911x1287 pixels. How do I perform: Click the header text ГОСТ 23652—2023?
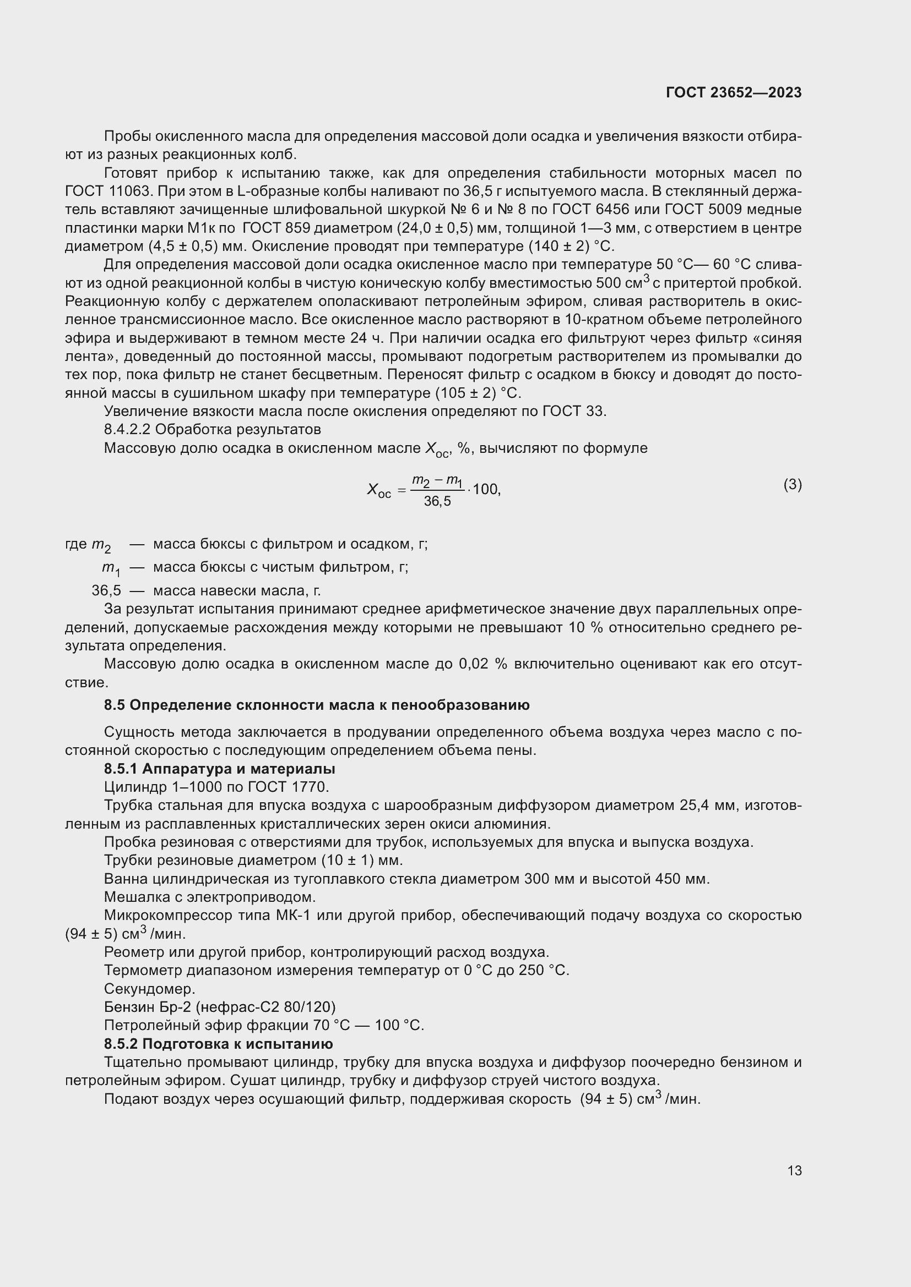click(x=733, y=92)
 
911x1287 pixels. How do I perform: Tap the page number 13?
click(x=794, y=1170)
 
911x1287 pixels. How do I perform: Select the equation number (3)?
click(x=792, y=485)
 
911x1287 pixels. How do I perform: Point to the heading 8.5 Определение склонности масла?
click(x=316, y=705)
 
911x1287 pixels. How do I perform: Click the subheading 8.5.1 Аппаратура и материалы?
click(x=219, y=769)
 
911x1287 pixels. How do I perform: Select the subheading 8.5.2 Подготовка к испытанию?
click(x=218, y=1044)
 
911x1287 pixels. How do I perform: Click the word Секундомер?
click(x=149, y=988)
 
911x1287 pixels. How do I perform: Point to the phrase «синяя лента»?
click(x=780, y=338)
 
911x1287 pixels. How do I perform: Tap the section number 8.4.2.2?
click(x=127, y=429)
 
